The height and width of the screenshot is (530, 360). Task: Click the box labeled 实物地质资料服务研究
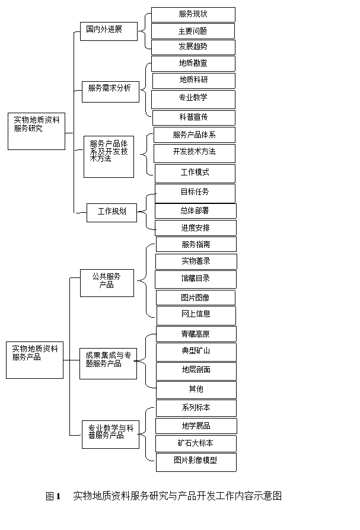37,131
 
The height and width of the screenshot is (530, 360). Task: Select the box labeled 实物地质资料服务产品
35,360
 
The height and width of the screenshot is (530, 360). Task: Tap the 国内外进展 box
109,31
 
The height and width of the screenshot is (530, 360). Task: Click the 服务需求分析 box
110,92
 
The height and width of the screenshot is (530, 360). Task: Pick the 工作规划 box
112,213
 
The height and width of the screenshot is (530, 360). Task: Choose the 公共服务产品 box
107,283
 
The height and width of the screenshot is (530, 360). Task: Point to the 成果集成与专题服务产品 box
108,363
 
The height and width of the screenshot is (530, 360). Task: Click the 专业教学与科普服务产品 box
110,435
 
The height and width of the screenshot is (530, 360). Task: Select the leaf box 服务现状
193,15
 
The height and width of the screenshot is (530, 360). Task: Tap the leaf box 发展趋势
193,47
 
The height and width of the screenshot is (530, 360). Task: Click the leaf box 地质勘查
193,63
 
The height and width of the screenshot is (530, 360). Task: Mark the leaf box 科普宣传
194,118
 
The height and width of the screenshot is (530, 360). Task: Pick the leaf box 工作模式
195,174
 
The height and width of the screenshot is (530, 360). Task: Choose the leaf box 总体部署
196,211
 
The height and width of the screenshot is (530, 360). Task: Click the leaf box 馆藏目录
196,279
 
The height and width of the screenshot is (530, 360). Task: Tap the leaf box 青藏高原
196,334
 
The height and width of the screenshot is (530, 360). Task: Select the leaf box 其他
196,390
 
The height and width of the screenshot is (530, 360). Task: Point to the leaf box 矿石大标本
196,444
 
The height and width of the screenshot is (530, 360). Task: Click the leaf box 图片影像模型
196,462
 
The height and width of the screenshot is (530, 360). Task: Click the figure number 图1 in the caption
53,496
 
